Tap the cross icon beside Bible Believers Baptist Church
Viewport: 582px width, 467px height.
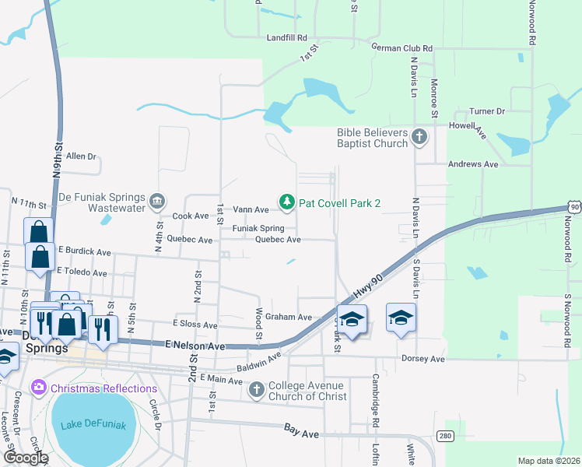419,138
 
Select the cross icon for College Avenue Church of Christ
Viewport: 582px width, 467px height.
257,390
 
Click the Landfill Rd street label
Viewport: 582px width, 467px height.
287,37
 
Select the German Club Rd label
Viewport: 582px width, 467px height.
401,47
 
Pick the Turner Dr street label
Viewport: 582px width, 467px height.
487,112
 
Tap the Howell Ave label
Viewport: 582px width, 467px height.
472,129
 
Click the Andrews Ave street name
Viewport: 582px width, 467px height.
473,164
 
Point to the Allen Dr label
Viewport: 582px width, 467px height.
81,156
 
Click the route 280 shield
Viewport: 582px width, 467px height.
444,435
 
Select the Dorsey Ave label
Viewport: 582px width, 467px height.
422,359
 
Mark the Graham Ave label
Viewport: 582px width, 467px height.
288,317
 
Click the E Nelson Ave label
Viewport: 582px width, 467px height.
195,344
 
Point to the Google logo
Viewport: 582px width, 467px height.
26,458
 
